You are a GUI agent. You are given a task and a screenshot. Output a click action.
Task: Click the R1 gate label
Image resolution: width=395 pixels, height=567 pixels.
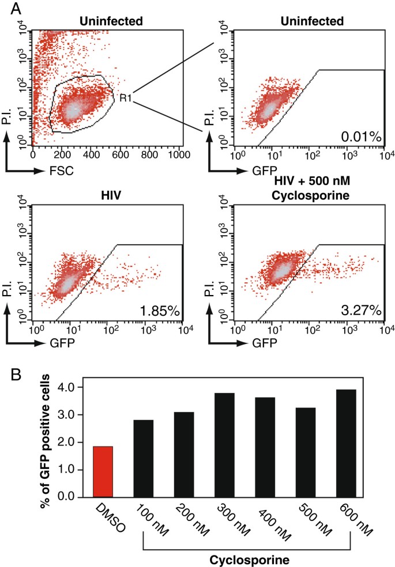pyautogui.click(x=126, y=98)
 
